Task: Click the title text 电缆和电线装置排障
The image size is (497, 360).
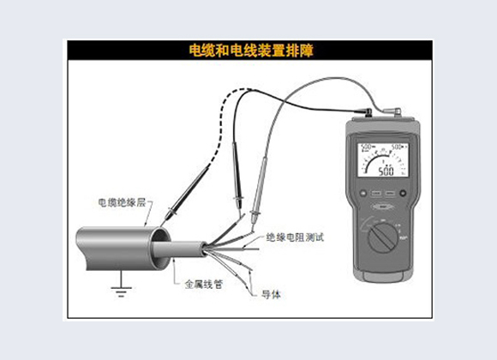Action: (249, 51)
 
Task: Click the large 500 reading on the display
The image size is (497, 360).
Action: (386, 171)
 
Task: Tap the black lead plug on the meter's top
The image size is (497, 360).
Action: (369, 112)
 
